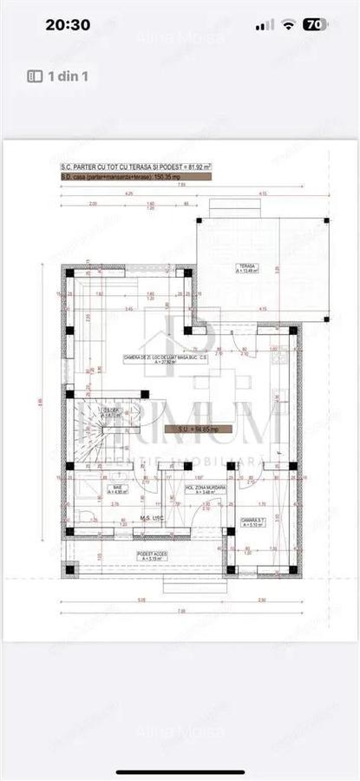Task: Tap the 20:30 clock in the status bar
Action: click(68, 25)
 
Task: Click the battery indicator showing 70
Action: click(316, 25)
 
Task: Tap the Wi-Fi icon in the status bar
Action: click(288, 25)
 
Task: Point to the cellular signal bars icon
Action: click(266, 25)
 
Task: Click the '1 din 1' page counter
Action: click(59, 76)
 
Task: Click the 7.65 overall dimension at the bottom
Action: click(180, 611)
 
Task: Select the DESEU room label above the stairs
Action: click(111, 412)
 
